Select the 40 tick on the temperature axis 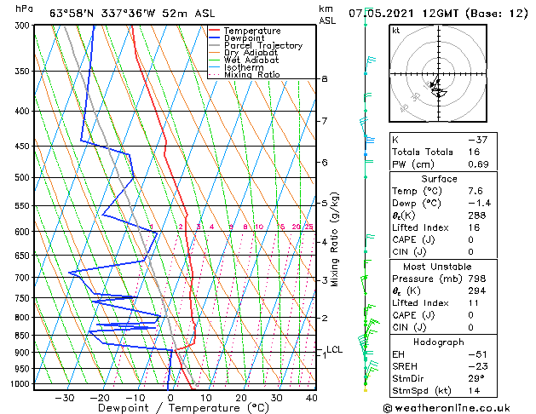pos(312,397)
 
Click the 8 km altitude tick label pos(325,79)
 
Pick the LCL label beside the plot pos(335,349)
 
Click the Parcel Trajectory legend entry pos(262,45)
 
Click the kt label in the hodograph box pos(395,31)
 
